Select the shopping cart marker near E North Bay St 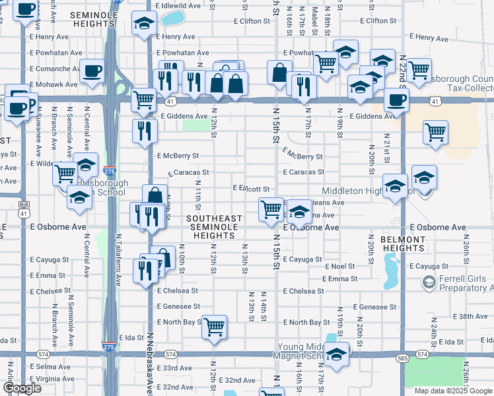pyautogui.click(x=215, y=326)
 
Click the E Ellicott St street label pyautogui.click(x=251, y=189)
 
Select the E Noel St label pyautogui.click(x=339, y=267)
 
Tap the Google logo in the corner pyautogui.click(x=22, y=388)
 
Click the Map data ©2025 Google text pyautogui.click(x=453, y=391)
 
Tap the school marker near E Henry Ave pyautogui.click(x=143, y=23)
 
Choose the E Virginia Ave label pyautogui.click(x=52, y=379)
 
